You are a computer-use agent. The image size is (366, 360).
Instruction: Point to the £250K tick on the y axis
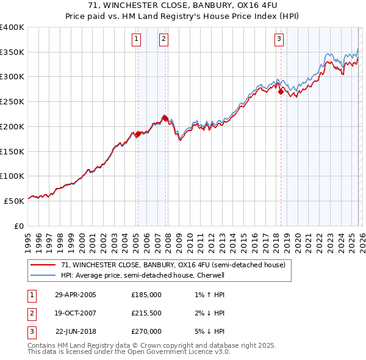(12, 101)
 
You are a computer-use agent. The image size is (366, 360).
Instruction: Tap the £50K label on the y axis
(14, 200)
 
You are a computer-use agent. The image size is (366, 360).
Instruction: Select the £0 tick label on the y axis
(19, 225)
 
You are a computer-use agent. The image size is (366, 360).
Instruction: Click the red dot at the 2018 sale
(281, 92)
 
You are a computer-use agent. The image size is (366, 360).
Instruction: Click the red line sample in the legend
(43, 265)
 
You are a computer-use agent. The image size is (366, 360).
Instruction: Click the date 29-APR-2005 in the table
(75, 294)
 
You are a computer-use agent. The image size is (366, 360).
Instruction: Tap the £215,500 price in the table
(146, 312)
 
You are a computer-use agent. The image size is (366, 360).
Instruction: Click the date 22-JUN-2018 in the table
(76, 331)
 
